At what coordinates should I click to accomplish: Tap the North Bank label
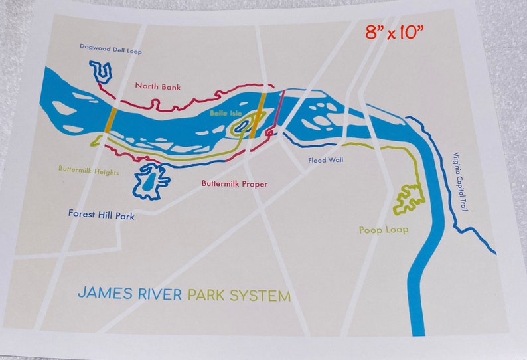click(158, 86)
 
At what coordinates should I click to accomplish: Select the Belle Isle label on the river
click(223, 114)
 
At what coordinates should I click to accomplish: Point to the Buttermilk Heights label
click(88, 171)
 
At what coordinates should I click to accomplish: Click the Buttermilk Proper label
click(234, 183)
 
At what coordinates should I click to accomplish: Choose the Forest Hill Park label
click(102, 215)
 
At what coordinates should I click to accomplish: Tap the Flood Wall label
click(326, 161)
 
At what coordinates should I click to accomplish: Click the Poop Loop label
click(383, 230)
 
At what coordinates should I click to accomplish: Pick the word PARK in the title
click(207, 293)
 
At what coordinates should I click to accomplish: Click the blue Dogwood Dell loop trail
click(100, 71)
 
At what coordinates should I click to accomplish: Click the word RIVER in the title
click(158, 293)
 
